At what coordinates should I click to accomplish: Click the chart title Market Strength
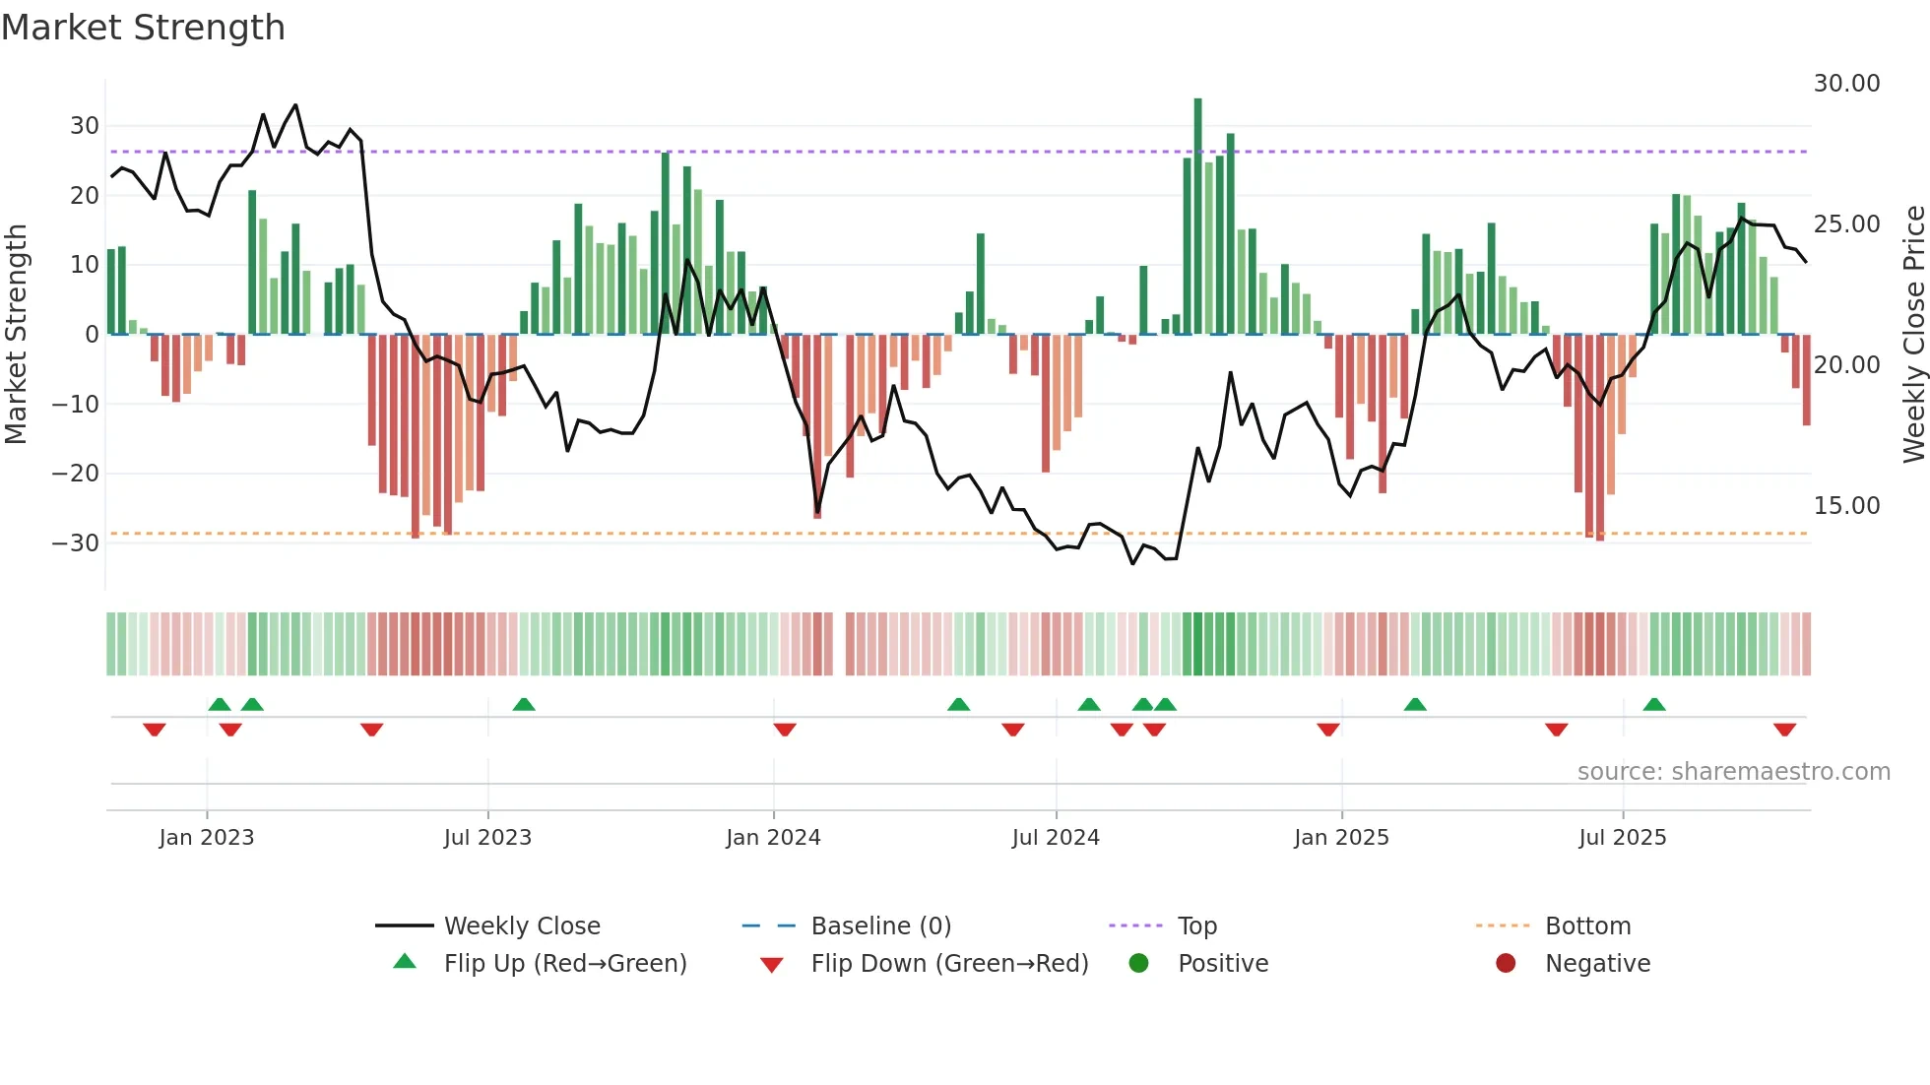(144, 28)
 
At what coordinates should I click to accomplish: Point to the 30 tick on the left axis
(84, 126)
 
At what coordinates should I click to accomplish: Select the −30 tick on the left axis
(76, 542)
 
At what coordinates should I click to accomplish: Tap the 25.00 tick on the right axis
(1846, 224)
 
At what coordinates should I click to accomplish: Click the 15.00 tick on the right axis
(1846, 506)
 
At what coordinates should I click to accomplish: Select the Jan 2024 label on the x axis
(773, 838)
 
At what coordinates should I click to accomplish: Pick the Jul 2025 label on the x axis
(1622, 838)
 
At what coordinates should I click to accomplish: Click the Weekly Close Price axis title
(1912, 335)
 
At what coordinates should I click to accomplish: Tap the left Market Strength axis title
(17, 335)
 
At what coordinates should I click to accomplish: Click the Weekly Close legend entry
(522, 926)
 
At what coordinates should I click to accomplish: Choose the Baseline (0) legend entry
(880, 926)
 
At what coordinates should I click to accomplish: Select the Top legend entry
(1197, 926)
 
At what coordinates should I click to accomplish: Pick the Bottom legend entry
(1587, 926)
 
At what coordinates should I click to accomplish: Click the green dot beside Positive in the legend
(1138, 963)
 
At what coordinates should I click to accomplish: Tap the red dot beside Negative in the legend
(1506, 963)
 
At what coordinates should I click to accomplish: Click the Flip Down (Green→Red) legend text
(949, 964)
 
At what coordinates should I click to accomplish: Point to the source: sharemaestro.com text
(1733, 772)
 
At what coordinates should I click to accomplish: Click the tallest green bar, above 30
(1197, 217)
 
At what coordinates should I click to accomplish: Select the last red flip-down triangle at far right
(1784, 730)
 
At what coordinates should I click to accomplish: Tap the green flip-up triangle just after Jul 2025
(1654, 704)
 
